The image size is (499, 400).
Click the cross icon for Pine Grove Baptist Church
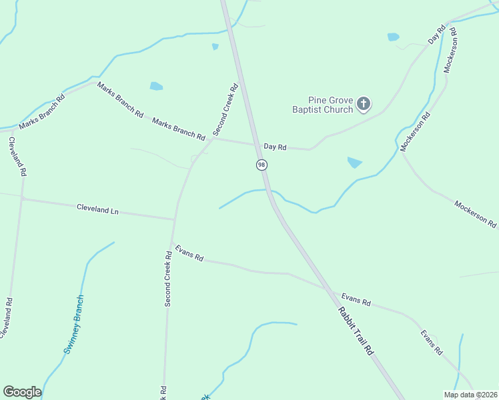click(x=364, y=103)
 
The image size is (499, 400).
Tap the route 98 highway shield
click(x=262, y=165)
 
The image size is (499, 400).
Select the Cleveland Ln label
click(x=97, y=209)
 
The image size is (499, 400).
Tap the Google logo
click(x=22, y=392)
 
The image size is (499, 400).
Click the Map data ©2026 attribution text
click(x=470, y=395)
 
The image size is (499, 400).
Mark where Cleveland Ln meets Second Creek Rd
click(x=175, y=219)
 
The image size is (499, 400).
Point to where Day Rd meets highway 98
click(x=256, y=144)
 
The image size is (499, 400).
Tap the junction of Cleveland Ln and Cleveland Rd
click(x=22, y=199)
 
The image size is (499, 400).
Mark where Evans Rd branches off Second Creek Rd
click(x=171, y=244)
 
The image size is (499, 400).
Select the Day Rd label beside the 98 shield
click(x=275, y=147)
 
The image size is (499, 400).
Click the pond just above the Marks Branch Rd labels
click(x=156, y=86)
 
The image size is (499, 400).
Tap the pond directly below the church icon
click(x=354, y=162)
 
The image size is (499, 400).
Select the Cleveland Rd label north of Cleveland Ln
click(x=17, y=157)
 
